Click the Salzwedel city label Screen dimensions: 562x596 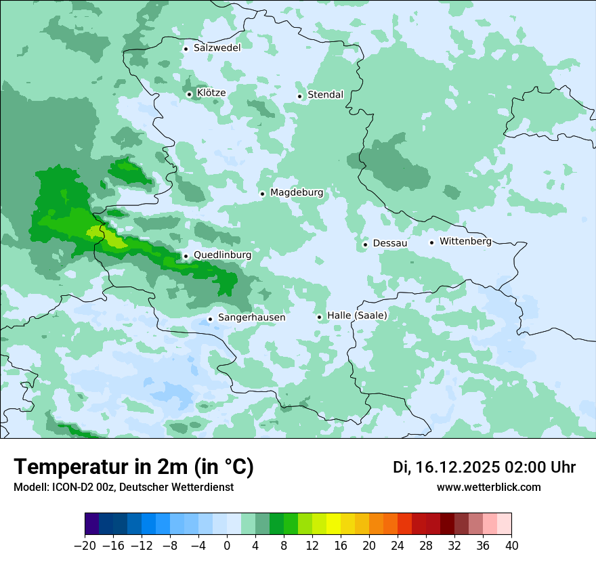pos(217,48)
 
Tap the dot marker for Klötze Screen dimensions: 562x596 pos(190,94)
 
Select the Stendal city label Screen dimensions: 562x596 pos(325,95)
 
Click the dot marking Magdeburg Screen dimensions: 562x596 pos(262,194)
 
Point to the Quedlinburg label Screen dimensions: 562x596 pos(222,255)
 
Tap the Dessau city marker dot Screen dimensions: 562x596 pos(365,244)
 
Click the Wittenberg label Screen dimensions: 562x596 pos(465,241)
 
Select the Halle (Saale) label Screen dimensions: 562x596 pos(357,316)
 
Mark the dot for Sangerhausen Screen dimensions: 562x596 pos(210,318)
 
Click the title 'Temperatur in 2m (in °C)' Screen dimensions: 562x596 pos(133,467)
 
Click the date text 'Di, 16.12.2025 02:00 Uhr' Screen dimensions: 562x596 pos(484,467)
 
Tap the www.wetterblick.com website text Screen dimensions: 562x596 pos(488,487)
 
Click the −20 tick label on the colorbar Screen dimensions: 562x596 pos(85,545)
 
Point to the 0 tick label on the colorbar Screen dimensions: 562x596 pos(227,545)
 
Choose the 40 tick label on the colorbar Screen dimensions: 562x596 pos(511,545)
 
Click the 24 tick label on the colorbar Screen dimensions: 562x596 pos(398,545)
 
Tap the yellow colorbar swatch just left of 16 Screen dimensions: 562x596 pos(333,524)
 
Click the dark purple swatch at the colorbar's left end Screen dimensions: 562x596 pos(91,524)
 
